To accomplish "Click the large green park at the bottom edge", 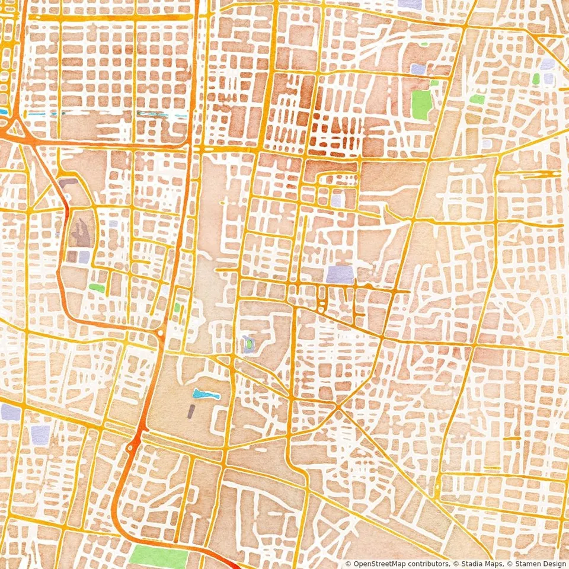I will [158, 558].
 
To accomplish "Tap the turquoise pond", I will [206, 394].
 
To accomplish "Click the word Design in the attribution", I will [551, 563].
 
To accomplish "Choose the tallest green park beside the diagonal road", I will [421, 104].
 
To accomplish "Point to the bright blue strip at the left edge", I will [4, 111].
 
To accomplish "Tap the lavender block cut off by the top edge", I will [410, 4].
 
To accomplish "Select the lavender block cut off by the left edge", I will [10, 413].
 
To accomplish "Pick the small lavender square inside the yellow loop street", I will [336, 200].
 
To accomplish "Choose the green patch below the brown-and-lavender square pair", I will [97, 288].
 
